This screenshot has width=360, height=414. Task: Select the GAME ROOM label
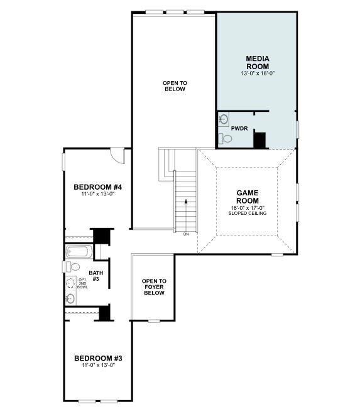(247, 197)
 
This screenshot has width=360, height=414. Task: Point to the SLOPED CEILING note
(247, 214)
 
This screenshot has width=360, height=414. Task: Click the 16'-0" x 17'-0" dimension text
(247, 208)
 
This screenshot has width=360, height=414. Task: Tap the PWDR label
(239, 128)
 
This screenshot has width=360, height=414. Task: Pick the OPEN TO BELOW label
(174, 86)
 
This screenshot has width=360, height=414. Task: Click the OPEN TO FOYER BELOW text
(154, 286)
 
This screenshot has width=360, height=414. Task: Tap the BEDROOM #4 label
(97, 187)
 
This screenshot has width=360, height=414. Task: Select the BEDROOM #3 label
(97, 359)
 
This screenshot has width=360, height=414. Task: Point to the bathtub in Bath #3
(79, 253)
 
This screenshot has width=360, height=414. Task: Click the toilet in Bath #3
(74, 267)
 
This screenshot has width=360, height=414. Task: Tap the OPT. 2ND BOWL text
(82, 283)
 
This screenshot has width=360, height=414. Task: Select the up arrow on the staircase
(185, 202)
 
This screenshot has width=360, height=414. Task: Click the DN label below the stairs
(186, 234)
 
